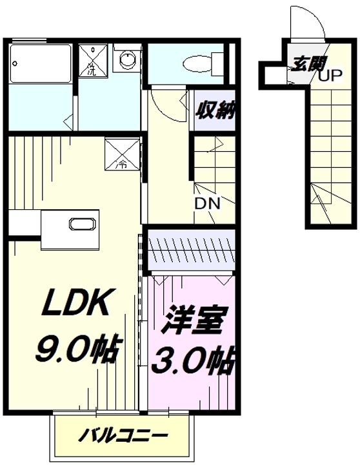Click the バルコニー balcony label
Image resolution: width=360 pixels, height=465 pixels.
(123, 435)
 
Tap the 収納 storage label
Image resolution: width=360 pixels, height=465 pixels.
(215, 110)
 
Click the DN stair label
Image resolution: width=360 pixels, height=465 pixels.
(207, 203)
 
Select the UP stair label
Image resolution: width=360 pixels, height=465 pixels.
(330, 76)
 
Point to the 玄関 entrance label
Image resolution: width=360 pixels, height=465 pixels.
(308, 63)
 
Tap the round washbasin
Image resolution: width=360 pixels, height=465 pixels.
(128, 58)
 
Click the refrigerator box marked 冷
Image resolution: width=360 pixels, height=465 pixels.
(122, 154)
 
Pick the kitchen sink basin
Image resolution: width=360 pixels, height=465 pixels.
(83, 223)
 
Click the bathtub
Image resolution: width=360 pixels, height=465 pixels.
(41, 64)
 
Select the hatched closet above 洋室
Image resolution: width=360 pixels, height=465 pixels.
(191, 250)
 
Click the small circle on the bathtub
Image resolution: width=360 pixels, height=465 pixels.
(15, 63)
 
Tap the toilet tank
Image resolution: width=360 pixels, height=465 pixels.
(218, 63)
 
